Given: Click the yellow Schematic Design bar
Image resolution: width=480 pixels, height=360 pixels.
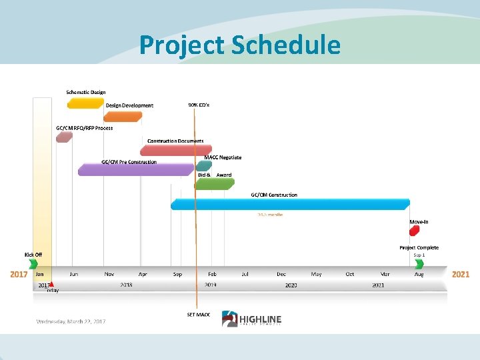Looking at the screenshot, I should [85, 103].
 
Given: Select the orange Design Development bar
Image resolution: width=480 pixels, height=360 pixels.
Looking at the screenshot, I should [123, 117].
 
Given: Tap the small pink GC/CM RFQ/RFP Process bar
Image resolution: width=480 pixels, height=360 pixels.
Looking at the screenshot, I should [64, 137].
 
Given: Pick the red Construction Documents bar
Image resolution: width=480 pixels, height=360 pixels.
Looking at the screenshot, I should [176, 151].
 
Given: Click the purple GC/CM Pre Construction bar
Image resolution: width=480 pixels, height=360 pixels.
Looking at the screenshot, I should [135, 170].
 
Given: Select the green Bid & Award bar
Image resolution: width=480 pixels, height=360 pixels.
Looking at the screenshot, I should [215, 183].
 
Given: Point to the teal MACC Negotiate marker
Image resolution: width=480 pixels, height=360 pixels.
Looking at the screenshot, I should [204, 165].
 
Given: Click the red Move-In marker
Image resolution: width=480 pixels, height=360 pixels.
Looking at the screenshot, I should [414, 231].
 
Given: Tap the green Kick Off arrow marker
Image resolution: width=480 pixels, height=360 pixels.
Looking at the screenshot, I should [33, 264].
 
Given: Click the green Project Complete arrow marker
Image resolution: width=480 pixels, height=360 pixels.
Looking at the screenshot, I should [419, 264].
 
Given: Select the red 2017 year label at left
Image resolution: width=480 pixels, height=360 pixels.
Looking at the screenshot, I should [19, 274].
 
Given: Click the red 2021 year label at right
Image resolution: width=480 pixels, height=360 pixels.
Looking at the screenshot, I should [461, 274].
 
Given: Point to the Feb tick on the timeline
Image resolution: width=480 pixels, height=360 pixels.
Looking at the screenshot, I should [212, 274].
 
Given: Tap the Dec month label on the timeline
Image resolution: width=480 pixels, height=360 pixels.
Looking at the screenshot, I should [281, 274].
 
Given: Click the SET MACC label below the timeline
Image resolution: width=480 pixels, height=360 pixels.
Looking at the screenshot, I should [199, 314].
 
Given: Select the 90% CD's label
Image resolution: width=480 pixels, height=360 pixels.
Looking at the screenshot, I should [199, 105].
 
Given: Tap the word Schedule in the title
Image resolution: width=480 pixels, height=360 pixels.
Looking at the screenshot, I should [286, 45].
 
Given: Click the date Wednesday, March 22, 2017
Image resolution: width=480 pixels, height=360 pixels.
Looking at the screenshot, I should [71, 321].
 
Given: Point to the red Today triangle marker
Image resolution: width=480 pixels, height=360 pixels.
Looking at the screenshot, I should [51, 285].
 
